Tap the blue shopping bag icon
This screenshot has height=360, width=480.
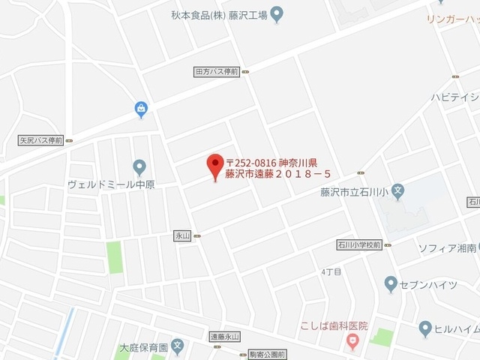click(141, 109)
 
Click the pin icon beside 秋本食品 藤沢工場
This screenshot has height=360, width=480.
click(276, 13)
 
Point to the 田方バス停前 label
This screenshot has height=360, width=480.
click(216, 72)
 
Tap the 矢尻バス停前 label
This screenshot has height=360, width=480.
click(40, 140)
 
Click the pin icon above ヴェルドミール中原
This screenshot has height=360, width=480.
click(139, 167)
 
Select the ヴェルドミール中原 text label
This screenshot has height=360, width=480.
click(110, 184)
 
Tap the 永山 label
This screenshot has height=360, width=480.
click(183, 235)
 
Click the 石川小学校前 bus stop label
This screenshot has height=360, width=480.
click(359, 244)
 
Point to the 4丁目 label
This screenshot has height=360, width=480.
click(331, 271)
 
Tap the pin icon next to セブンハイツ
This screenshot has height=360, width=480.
click(390, 283)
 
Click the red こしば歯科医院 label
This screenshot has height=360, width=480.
click(334, 326)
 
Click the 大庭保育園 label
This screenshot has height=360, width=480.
click(142, 348)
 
